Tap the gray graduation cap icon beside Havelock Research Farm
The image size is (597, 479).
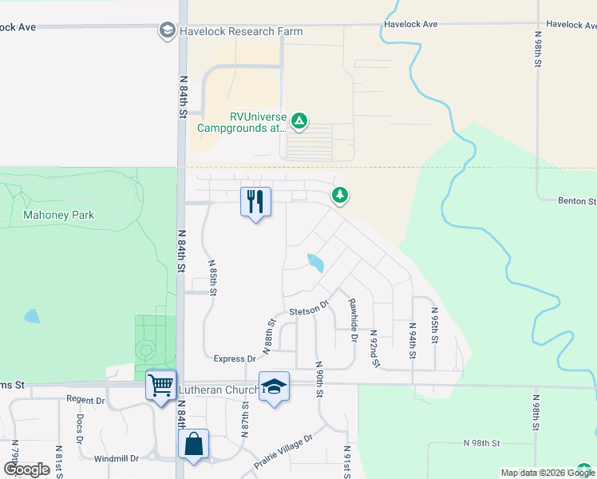point(168,31)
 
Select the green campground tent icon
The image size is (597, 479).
point(298,121)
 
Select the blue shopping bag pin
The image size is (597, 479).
point(194,445)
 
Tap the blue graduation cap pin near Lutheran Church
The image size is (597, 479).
point(274,387)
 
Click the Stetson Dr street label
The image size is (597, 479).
point(309,308)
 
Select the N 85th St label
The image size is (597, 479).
point(213,278)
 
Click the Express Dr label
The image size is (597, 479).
point(235,359)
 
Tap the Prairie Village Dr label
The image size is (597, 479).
point(283,450)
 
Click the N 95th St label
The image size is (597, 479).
point(434,325)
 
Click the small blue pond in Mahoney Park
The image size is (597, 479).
point(32,316)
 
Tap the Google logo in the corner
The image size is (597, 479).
point(26,469)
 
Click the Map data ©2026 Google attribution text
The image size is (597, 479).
point(548,473)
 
